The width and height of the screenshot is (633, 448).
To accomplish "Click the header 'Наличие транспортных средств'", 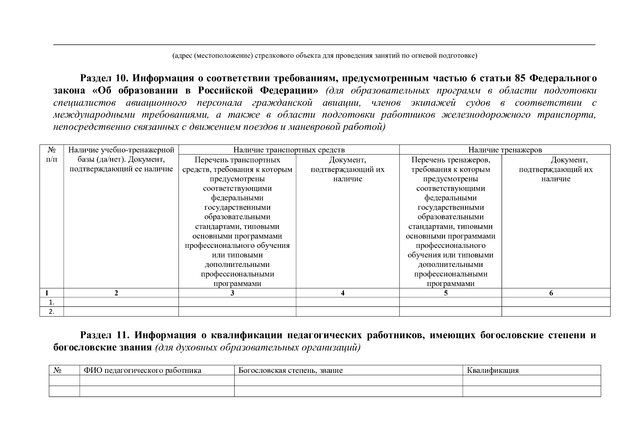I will pyautogui.click(x=289, y=150).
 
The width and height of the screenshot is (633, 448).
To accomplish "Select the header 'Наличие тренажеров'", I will pyautogui.click(x=505, y=150).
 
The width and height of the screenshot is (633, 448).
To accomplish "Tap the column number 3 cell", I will pyautogui.click(x=232, y=293).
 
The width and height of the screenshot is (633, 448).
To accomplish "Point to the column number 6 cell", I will pyautogui.click(x=551, y=293).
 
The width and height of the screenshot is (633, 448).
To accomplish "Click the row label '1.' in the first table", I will pyautogui.click(x=52, y=302).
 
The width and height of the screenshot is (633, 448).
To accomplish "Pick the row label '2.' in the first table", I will pyautogui.click(x=52, y=312).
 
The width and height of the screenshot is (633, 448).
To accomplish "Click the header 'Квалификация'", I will pyautogui.click(x=493, y=370).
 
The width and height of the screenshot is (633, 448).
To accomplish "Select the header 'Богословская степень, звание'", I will pyautogui.click(x=290, y=370).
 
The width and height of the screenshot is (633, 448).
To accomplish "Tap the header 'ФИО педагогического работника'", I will pyautogui.click(x=142, y=370).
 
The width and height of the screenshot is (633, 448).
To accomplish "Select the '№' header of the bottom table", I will pyautogui.click(x=57, y=370).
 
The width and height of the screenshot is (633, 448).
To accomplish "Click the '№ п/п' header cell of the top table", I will pyautogui.click(x=52, y=155).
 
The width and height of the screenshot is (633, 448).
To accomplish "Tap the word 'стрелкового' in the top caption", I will pyautogui.click(x=272, y=56).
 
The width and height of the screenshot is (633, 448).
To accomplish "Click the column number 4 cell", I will pyautogui.click(x=342, y=293).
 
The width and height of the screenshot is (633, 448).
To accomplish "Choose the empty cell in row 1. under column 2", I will pyautogui.click(x=121, y=302).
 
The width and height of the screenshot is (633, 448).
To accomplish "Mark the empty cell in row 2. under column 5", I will pyautogui.click(x=450, y=312).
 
